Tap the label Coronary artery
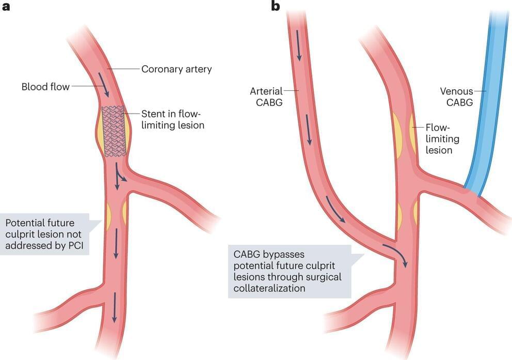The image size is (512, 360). [177, 69]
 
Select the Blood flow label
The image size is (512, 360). [45, 86]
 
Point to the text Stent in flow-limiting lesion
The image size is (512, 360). [172, 119]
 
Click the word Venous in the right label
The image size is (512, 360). [456, 91]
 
